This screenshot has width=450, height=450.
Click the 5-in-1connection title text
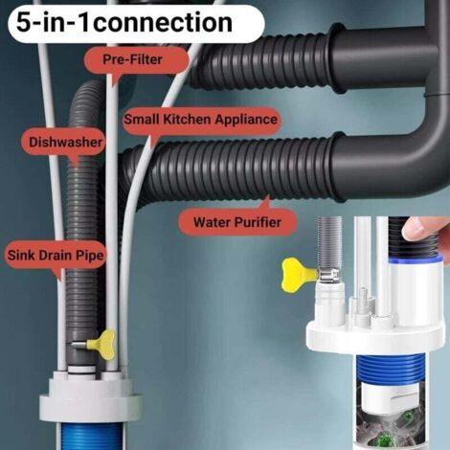pos(124,22)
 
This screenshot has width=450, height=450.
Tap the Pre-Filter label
pos(133,59)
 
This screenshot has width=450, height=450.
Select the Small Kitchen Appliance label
pos(201,120)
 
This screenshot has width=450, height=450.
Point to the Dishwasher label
pos(65,143)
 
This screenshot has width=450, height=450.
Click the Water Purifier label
pos(237,222)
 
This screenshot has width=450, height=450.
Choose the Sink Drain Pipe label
pos(56,256)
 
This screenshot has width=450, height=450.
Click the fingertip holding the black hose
pos(423,230)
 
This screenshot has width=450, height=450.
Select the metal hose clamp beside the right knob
pos(328,275)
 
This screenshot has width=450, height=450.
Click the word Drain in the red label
pos(57,256)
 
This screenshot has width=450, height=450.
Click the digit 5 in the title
pos(23,22)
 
